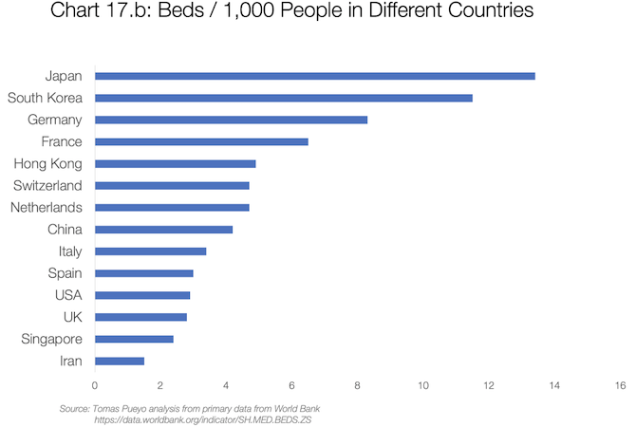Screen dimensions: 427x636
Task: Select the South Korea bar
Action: [284, 98]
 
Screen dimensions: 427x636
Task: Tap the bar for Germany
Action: [231, 120]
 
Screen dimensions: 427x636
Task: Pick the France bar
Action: [201, 141]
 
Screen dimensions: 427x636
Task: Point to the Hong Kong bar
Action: [176, 163]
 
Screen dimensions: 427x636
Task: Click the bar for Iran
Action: [120, 361]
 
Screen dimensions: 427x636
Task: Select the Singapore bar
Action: [134, 339]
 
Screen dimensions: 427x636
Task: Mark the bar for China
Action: [163, 230]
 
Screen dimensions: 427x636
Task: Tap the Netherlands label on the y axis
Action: [47, 207]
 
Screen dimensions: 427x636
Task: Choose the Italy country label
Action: [69, 251]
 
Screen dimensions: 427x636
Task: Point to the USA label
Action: [69, 295]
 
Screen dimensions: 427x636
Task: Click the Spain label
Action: [65, 273]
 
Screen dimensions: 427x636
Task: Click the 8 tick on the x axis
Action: [357, 385]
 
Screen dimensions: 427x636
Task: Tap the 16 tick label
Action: [620, 385]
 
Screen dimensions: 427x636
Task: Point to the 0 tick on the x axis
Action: [95, 385]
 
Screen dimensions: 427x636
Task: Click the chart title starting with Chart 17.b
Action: [319, 12]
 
